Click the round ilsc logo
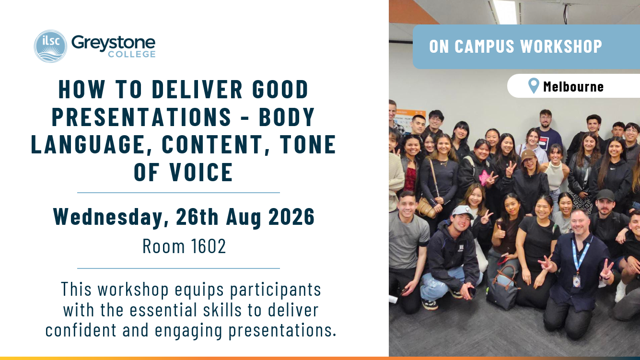point(50,46)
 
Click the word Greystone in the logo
point(114,44)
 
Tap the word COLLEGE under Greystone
point(132,54)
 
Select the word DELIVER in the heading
point(198,89)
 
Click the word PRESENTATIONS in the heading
point(141,116)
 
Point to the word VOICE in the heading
point(201,172)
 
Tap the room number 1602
point(208,246)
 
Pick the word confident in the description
point(81,330)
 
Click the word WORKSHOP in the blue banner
point(561,46)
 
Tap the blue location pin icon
point(534,86)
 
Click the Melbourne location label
point(573,86)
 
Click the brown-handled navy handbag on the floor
point(503,288)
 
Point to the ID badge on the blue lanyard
point(577,281)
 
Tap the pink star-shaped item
point(485,177)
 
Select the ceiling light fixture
point(505,12)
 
